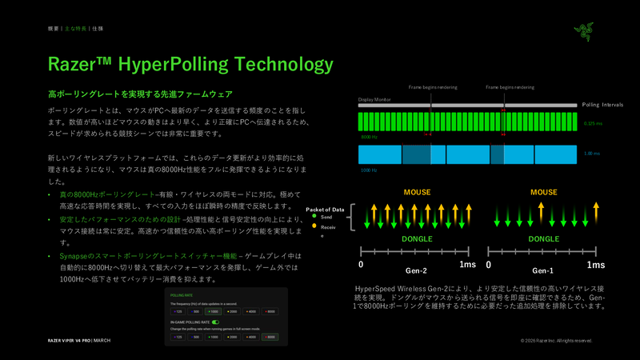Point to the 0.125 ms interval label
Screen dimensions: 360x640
[x=594, y=123]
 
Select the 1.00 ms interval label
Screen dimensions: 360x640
[x=592, y=153]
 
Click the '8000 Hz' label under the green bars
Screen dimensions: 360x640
[x=369, y=137]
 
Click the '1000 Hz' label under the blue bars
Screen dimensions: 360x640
[x=369, y=170]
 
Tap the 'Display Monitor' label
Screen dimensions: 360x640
[x=375, y=100]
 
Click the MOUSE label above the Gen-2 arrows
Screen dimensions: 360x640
[x=417, y=193]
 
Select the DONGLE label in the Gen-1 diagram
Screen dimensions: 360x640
[x=544, y=238]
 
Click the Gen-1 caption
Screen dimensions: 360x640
[x=543, y=270]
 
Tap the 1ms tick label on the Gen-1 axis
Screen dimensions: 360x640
[x=596, y=264]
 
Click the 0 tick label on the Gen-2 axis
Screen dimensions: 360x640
[x=361, y=264]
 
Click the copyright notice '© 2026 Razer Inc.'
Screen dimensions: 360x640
[x=556, y=341]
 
